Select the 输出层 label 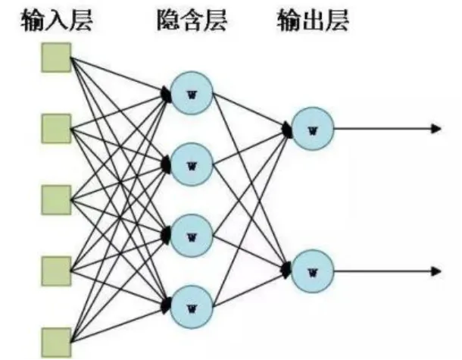(313, 21)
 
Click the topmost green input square (56, 58)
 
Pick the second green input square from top (56, 128)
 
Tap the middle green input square (56, 199)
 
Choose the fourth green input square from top (56, 269)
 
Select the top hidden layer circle (190, 93)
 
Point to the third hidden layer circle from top (190, 234)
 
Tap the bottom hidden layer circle (190, 305)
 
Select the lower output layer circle (311, 269)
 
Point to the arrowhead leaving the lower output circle (435, 269)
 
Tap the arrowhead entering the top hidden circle (166, 93)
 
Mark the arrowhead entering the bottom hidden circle (166, 305)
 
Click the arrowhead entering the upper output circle (287, 129)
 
